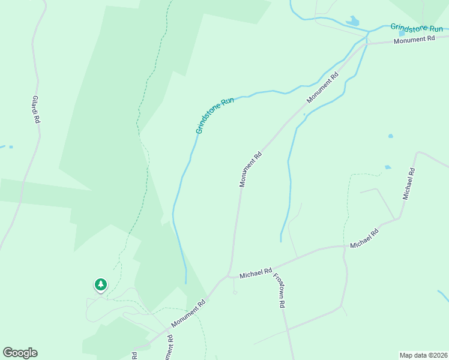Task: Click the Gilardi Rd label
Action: tap(36, 110)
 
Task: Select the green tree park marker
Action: tap(101, 284)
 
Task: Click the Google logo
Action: tap(20, 353)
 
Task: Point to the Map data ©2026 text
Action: tap(423, 355)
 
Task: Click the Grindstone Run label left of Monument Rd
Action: tap(214, 115)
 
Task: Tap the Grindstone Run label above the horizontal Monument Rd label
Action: tap(416, 28)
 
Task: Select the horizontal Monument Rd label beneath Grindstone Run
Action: tap(414, 40)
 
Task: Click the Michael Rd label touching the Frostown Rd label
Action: tap(256, 274)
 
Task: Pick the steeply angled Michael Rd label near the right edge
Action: tap(409, 184)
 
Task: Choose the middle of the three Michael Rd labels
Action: tap(364, 238)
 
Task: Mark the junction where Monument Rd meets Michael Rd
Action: tap(229, 276)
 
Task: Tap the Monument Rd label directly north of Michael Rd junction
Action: tap(251, 169)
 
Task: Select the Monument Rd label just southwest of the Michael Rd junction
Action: tap(188, 314)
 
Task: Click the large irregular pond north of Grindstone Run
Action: tap(352, 22)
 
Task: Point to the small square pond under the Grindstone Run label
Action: tap(402, 34)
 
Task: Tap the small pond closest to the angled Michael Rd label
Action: tap(388, 167)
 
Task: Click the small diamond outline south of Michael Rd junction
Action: tap(235, 293)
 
